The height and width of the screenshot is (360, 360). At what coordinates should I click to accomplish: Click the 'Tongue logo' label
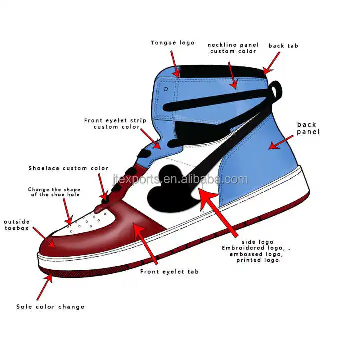click(x=173, y=43)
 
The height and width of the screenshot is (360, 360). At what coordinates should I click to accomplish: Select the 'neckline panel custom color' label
click(x=232, y=48)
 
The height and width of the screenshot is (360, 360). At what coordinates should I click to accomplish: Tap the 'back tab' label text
click(x=283, y=46)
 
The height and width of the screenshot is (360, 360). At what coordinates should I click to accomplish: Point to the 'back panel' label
click(x=308, y=128)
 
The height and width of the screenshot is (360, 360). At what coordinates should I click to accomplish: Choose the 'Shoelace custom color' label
click(x=68, y=168)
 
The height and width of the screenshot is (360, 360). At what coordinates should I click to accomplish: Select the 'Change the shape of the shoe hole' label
click(x=54, y=192)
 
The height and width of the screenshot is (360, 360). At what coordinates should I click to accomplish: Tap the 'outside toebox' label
click(x=17, y=225)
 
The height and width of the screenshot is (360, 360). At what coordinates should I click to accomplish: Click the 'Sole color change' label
click(x=50, y=307)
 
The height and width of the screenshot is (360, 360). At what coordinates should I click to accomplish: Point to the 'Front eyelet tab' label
click(x=169, y=272)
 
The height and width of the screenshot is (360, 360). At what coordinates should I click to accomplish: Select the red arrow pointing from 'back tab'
click(x=271, y=64)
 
